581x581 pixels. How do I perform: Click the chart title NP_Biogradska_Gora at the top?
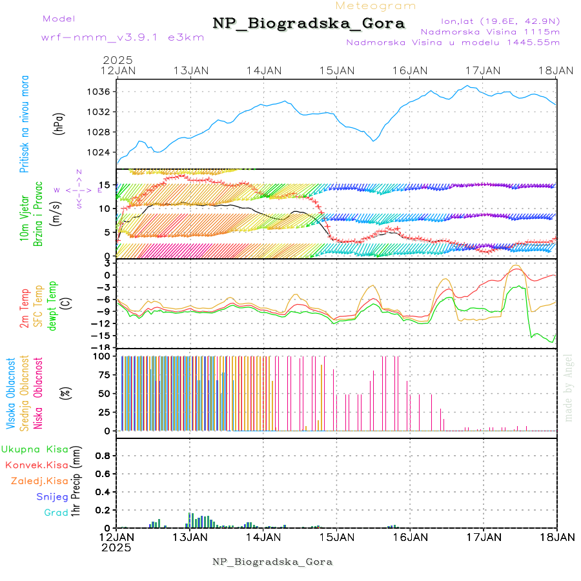point(309,24)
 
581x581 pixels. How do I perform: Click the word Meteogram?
point(376,6)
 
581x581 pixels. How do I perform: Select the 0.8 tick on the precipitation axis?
point(103,455)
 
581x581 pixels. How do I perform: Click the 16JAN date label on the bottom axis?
point(409,537)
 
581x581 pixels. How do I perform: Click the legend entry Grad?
point(56,513)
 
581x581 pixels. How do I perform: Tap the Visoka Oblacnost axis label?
point(11,393)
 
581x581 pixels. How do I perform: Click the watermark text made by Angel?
point(569,387)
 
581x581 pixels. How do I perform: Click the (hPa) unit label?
point(59,123)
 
